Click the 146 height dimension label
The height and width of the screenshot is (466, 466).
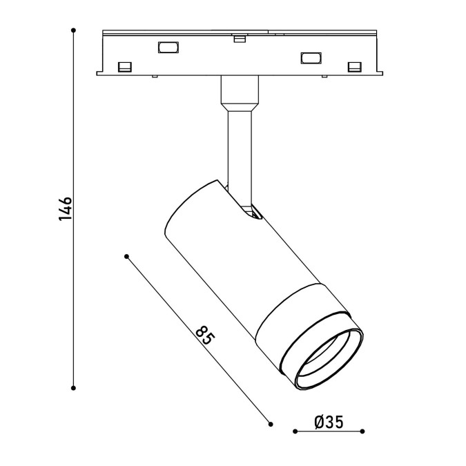66,208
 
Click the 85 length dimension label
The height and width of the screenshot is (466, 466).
205,336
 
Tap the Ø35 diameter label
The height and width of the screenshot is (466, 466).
329,422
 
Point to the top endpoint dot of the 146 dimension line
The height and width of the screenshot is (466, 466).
73,30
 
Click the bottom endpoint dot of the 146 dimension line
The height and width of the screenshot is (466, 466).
73,388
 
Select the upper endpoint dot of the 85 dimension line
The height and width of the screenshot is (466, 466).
126,256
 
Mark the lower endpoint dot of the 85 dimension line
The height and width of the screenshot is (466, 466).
271,424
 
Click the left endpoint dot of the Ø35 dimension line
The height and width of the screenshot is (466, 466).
295,431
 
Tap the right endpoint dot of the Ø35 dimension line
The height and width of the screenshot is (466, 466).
362,431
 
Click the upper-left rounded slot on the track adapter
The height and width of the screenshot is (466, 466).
168,48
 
